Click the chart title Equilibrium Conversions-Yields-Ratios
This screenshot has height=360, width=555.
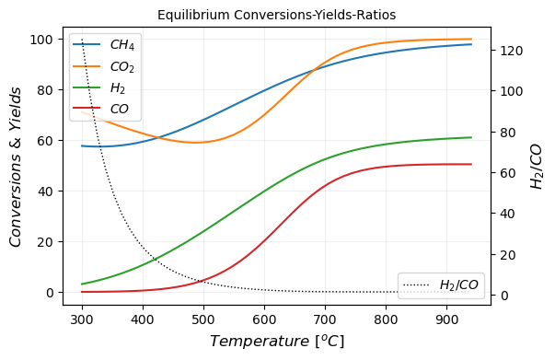(x=276, y=15)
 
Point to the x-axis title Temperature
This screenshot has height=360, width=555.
(x=276, y=342)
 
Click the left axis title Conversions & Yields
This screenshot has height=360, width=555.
(x=16, y=166)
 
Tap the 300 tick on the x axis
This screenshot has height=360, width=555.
(x=82, y=319)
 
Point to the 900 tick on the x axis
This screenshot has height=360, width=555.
(x=447, y=319)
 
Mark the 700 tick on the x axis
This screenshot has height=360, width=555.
(x=325, y=319)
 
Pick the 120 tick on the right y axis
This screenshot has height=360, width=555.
(x=512, y=50)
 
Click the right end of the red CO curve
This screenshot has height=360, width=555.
(x=471, y=164)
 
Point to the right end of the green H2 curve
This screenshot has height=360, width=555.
(x=471, y=137)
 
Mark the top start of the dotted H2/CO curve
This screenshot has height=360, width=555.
(x=82, y=40)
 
